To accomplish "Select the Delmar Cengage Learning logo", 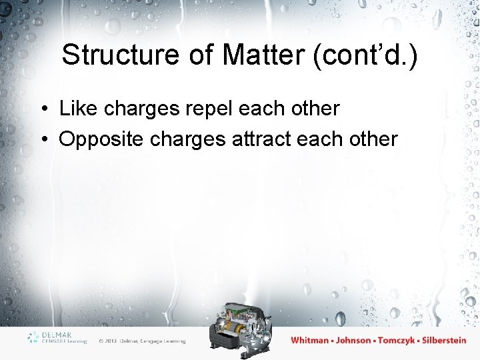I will point(57,337).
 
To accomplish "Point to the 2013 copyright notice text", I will point(142,341).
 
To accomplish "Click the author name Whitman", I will point(310,340).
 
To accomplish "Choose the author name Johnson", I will point(353,340).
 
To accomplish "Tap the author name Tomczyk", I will point(399,340).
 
